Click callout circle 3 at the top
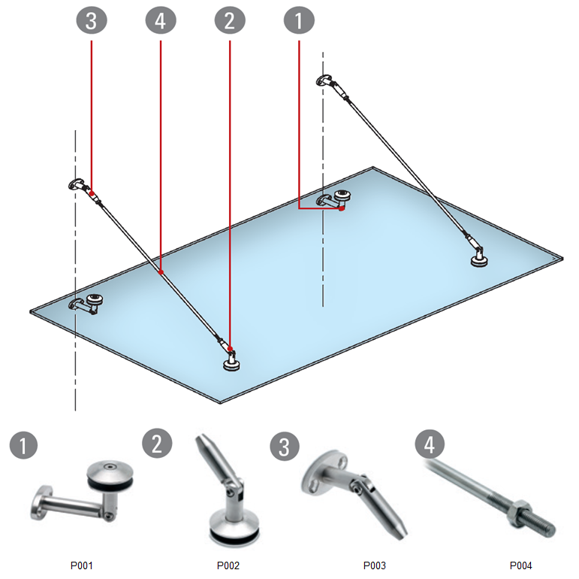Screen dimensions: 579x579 click(x=92, y=21)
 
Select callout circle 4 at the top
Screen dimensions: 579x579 click(x=161, y=21)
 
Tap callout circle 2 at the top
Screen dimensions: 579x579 click(x=230, y=21)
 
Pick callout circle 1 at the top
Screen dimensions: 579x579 click(x=299, y=21)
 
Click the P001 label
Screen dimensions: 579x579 click(x=81, y=565)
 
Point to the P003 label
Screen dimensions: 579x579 click(x=374, y=565)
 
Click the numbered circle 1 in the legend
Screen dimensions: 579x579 click(x=24, y=446)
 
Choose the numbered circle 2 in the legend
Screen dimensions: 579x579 click(x=157, y=443)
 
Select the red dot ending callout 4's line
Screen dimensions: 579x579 click(x=161, y=273)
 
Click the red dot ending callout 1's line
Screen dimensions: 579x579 click(x=342, y=208)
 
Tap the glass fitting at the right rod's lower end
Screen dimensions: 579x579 click(x=478, y=259)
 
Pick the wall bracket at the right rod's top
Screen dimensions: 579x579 click(x=327, y=80)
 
